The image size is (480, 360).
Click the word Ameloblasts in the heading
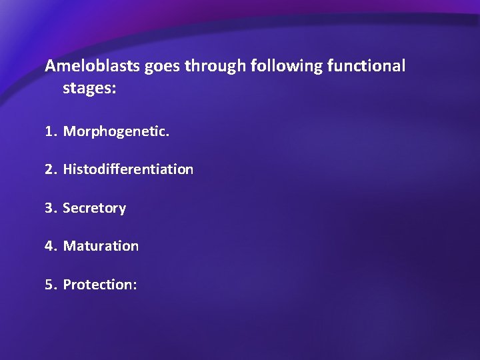point(87,66)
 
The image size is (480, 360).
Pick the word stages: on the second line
point(89,89)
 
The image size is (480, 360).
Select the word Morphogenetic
point(115,132)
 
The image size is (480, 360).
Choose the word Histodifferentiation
point(128,169)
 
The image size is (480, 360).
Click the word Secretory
point(94,209)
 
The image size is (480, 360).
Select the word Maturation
point(101,246)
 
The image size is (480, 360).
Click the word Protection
point(98,285)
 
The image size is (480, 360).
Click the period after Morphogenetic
point(168,135)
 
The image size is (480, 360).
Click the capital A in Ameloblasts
point(50,66)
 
